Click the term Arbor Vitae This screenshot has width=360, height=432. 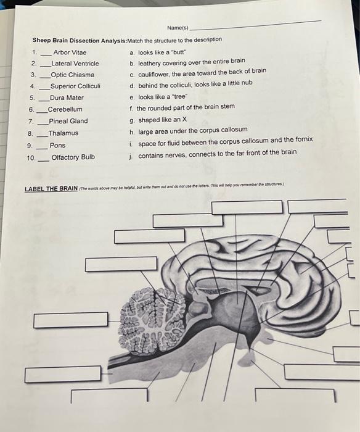point(70,52)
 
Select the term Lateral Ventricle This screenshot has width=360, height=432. point(75,64)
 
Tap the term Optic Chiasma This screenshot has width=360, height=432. point(72,75)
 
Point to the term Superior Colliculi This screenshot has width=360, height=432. point(75,86)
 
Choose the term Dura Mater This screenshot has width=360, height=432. point(67,98)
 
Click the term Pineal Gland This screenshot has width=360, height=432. point(68,121)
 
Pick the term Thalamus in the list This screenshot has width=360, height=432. point(63,133)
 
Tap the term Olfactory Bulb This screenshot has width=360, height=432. point(73,157)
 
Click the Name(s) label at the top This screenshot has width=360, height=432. point(178,28)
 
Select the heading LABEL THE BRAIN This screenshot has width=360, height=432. point(51,188)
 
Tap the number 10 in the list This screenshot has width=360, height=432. point(31,158)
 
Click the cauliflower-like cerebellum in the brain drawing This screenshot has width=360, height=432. point(146,312)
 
